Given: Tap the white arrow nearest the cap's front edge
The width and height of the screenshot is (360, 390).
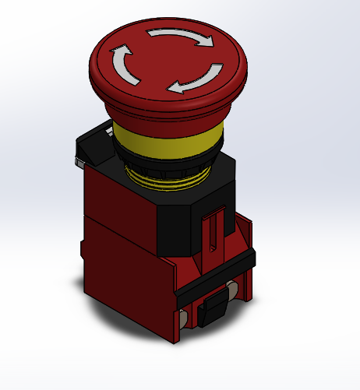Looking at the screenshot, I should [x=196, y=80].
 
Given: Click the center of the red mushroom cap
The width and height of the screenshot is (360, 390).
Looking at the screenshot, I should [x=167, y=61].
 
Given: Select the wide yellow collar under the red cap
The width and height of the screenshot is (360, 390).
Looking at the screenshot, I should [x=167, y=141].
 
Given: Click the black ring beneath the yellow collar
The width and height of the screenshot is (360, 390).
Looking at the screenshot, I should [x=167, y=164].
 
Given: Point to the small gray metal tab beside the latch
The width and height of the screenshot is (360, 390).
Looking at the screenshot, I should [x=80, y=162].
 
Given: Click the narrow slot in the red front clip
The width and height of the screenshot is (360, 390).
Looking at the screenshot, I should [x=211, y=234].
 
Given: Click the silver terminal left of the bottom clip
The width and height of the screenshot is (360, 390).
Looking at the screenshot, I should [x=184, y=319].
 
